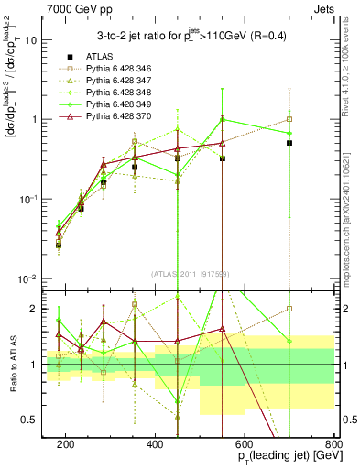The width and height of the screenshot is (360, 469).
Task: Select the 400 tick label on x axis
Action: click(x=155, y=442)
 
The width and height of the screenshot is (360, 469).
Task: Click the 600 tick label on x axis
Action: click(x=245, y=442)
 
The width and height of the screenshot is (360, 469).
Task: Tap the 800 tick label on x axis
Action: click(x=333, y=442)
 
